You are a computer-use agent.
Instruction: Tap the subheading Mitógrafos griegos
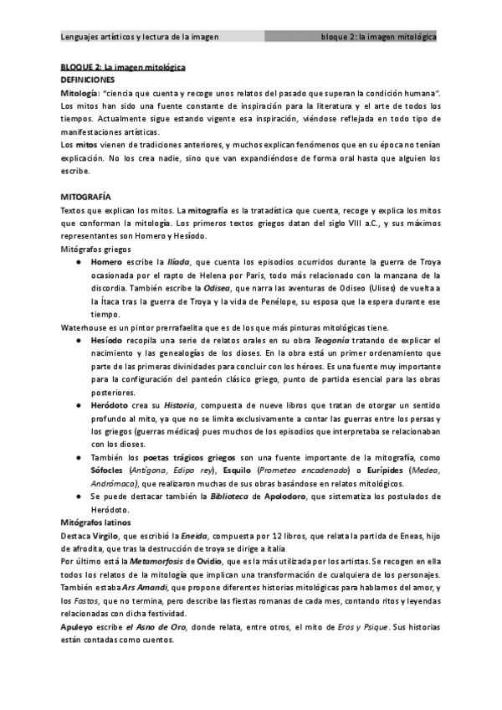coord(95,250)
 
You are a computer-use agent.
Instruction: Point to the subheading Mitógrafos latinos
coord(95,522)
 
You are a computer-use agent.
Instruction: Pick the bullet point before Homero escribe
coord(77,262)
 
